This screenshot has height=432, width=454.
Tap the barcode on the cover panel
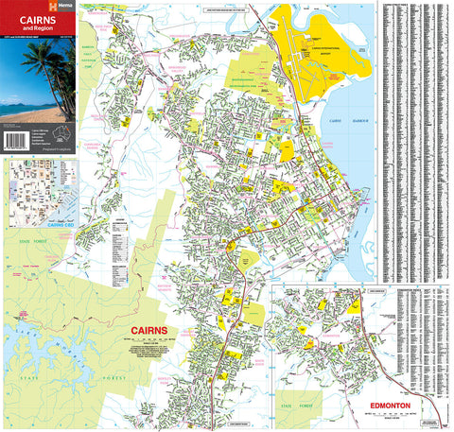[16, 140]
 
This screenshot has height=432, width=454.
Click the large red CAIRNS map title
[147, 332]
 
